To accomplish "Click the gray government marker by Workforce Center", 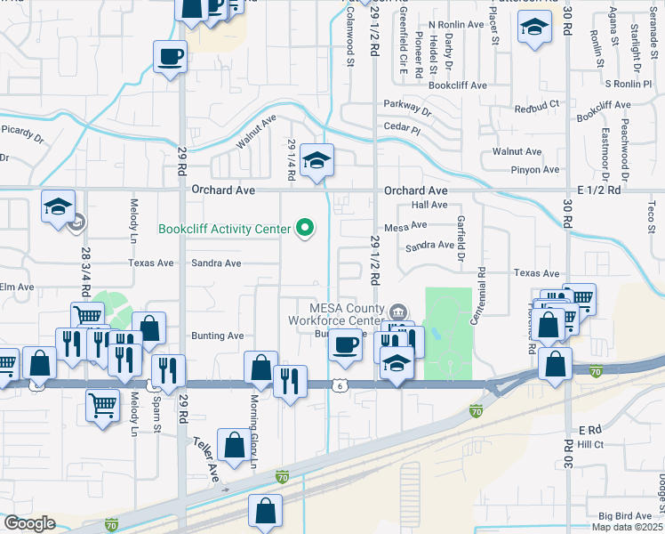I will pos(398,311).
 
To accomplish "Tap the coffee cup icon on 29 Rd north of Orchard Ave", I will pos(169,59).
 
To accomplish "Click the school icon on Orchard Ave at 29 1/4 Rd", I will pos(316,162).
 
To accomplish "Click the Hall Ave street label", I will pos(429,205).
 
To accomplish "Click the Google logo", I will pos(29,523).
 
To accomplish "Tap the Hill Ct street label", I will pos(591,444).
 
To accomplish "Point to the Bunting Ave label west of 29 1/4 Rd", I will pos(217,336).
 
